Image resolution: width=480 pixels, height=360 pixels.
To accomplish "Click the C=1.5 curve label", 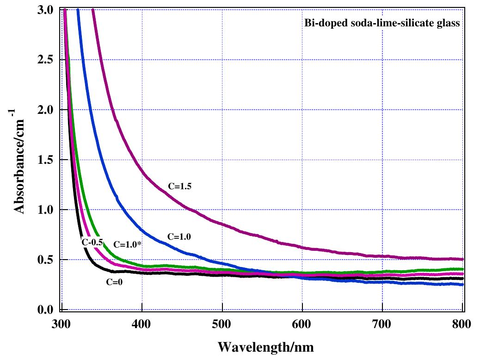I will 179,187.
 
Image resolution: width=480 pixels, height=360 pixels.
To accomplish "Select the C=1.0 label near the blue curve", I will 179,236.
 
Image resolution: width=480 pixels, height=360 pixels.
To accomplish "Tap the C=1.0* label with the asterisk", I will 127,244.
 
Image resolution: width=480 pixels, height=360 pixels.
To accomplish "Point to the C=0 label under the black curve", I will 114,281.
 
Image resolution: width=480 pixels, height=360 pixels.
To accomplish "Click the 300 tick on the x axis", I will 61,323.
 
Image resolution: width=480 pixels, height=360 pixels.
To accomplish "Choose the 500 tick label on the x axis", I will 222,323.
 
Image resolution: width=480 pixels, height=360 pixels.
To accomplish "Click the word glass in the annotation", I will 449,24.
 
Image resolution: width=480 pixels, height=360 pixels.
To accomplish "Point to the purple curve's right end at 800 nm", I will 462,259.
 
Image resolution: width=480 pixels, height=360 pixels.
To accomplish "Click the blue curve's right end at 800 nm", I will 462,285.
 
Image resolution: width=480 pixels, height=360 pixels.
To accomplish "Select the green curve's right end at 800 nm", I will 462,269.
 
